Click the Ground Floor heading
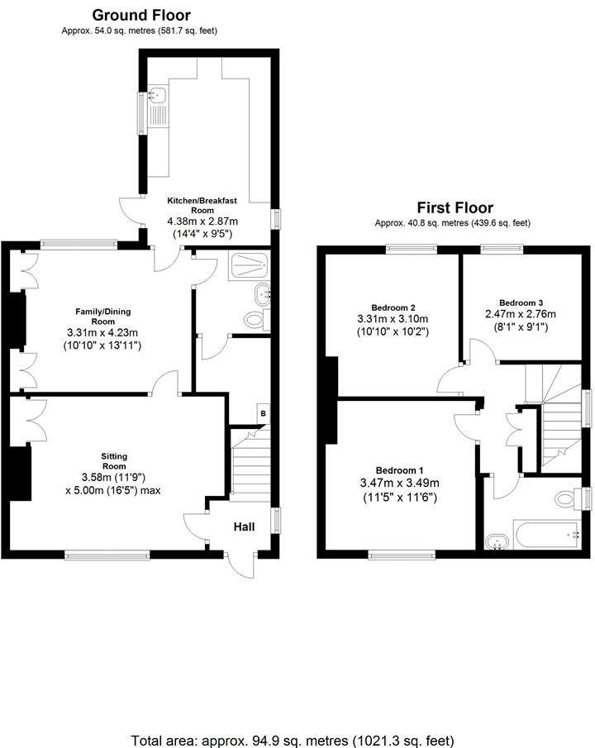coord(141,15)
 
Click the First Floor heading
coord(455,207)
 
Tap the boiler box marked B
coord(263,413)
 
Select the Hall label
coord(244,526)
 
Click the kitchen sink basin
coord(157,95)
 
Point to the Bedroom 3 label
coord(521,303)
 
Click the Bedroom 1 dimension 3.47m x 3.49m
coord(400,484)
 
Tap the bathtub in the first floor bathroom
coord(547,534)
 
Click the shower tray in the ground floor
coord(249,264)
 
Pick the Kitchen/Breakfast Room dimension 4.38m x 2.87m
coord(202,222)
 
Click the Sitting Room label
coord(114,461)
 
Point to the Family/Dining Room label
coord(103,317)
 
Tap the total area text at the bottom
coord(292,741)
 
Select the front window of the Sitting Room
coord(107,555)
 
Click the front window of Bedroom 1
coord(402,555)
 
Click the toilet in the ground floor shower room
coord(255,319)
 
